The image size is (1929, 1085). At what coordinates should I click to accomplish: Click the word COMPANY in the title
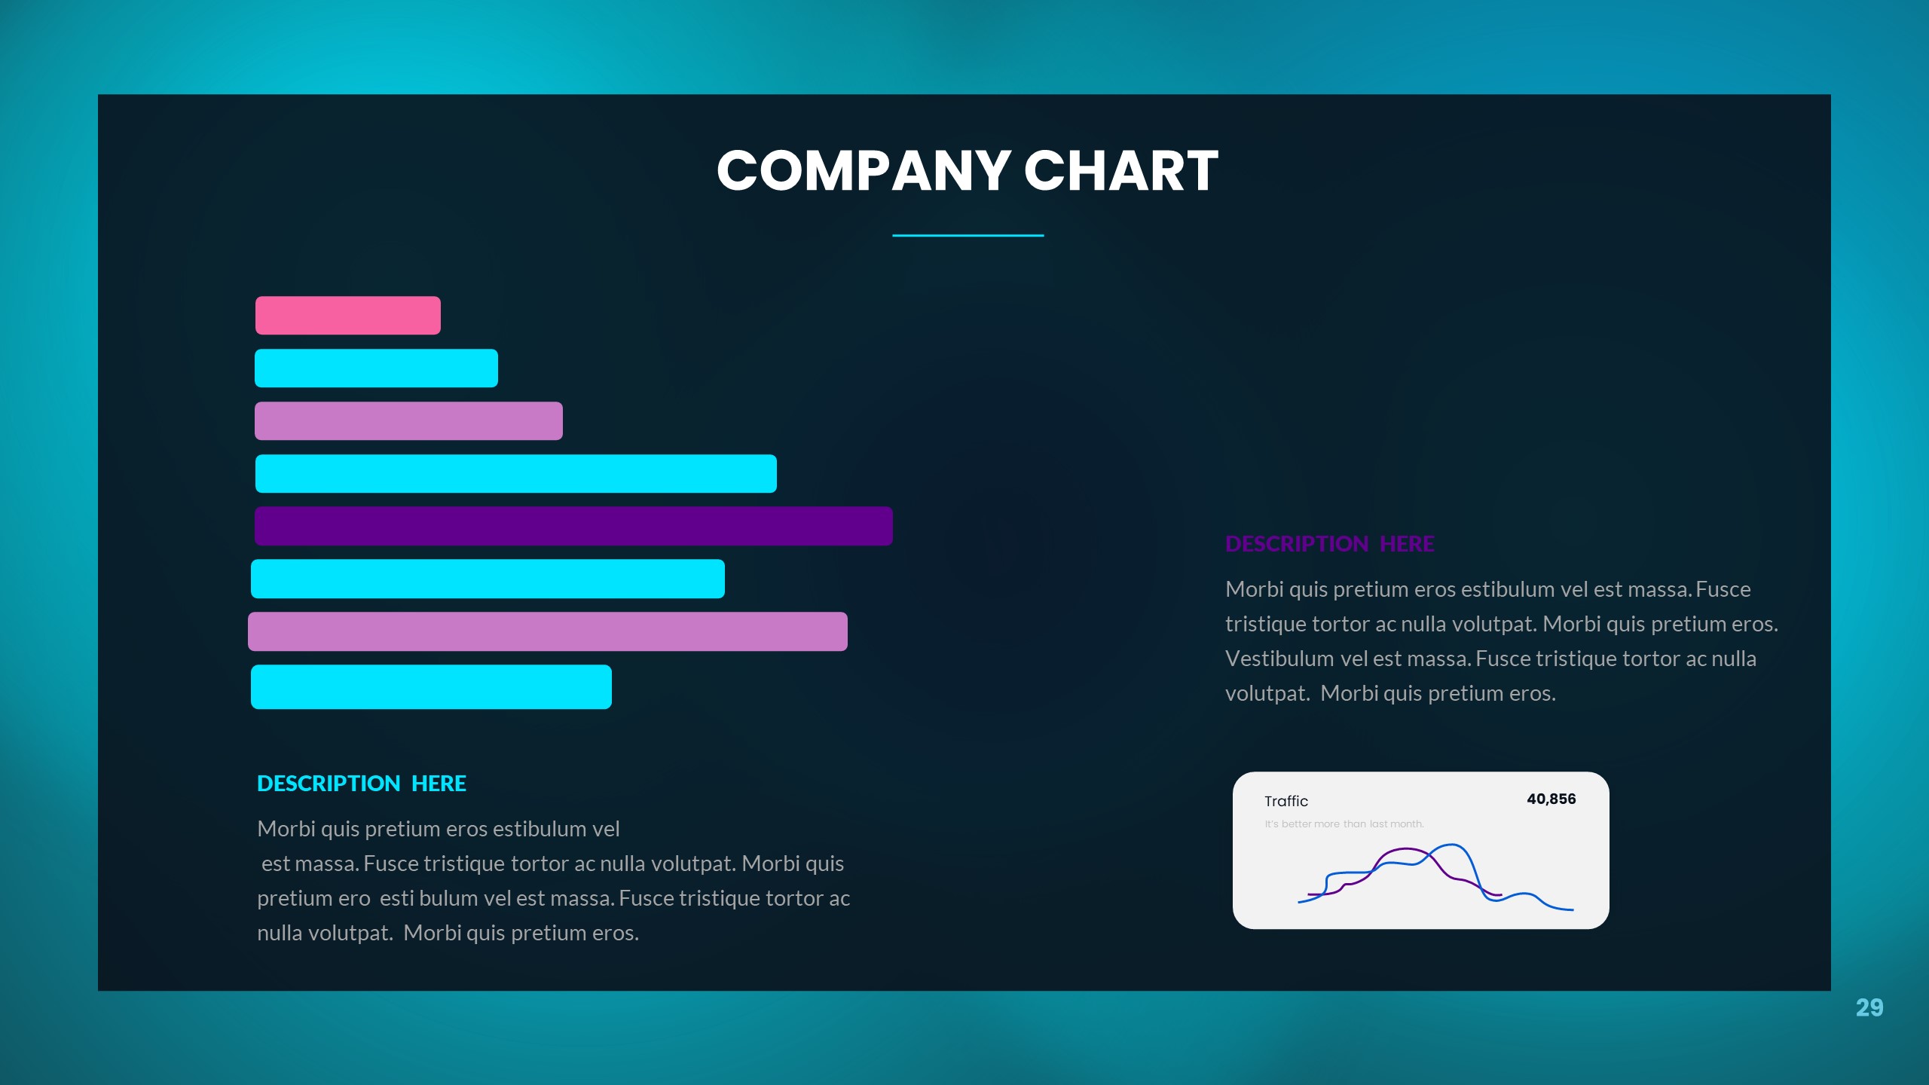click(863, 171)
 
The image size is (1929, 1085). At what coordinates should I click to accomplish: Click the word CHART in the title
click(1120, 171)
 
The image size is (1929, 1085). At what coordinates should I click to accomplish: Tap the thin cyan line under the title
click(968, 236)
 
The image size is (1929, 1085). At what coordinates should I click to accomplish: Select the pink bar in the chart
click(347, 316)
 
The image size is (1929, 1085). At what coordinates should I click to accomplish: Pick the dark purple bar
click(573, 526)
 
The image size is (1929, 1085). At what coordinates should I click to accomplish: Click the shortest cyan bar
click(376, 368)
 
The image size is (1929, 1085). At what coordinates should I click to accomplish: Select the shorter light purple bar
click(408, 421)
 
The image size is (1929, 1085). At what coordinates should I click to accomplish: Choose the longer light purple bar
click(547, 631)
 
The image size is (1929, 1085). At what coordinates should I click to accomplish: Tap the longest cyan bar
click(515, 474)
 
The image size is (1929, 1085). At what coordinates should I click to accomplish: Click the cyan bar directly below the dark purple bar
click(488, 579)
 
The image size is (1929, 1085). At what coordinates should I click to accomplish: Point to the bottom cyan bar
click(431, 686)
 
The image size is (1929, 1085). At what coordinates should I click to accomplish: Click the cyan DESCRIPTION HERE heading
click(362, 784)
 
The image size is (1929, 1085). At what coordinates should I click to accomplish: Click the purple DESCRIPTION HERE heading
click(1329, 544)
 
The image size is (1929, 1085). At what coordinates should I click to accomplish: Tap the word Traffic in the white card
click(1285, 801)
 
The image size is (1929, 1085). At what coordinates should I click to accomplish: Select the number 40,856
click(1551, 799)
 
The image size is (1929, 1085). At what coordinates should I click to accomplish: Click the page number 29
click(1869, 1007)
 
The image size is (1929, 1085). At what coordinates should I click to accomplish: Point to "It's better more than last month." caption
click(1344, 824)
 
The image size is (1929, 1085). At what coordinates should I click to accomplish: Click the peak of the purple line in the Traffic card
click(1406, 849)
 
